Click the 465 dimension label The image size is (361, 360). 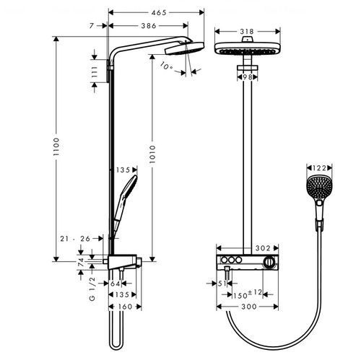(x=159, y=12)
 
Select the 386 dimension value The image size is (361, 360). (x=149, y=26)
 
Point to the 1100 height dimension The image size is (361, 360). (x=56, y=146)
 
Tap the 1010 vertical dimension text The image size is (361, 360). (x=152, y=154)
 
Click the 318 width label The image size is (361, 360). (x=247, y=32)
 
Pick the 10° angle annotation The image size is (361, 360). (x=166, y=66)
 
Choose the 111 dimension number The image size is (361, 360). (x=95, y=71)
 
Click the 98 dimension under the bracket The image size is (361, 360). (x=247, y=77)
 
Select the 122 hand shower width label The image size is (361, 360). (x=319, y=168)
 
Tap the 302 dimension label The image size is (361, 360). (x=263, y=248)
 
